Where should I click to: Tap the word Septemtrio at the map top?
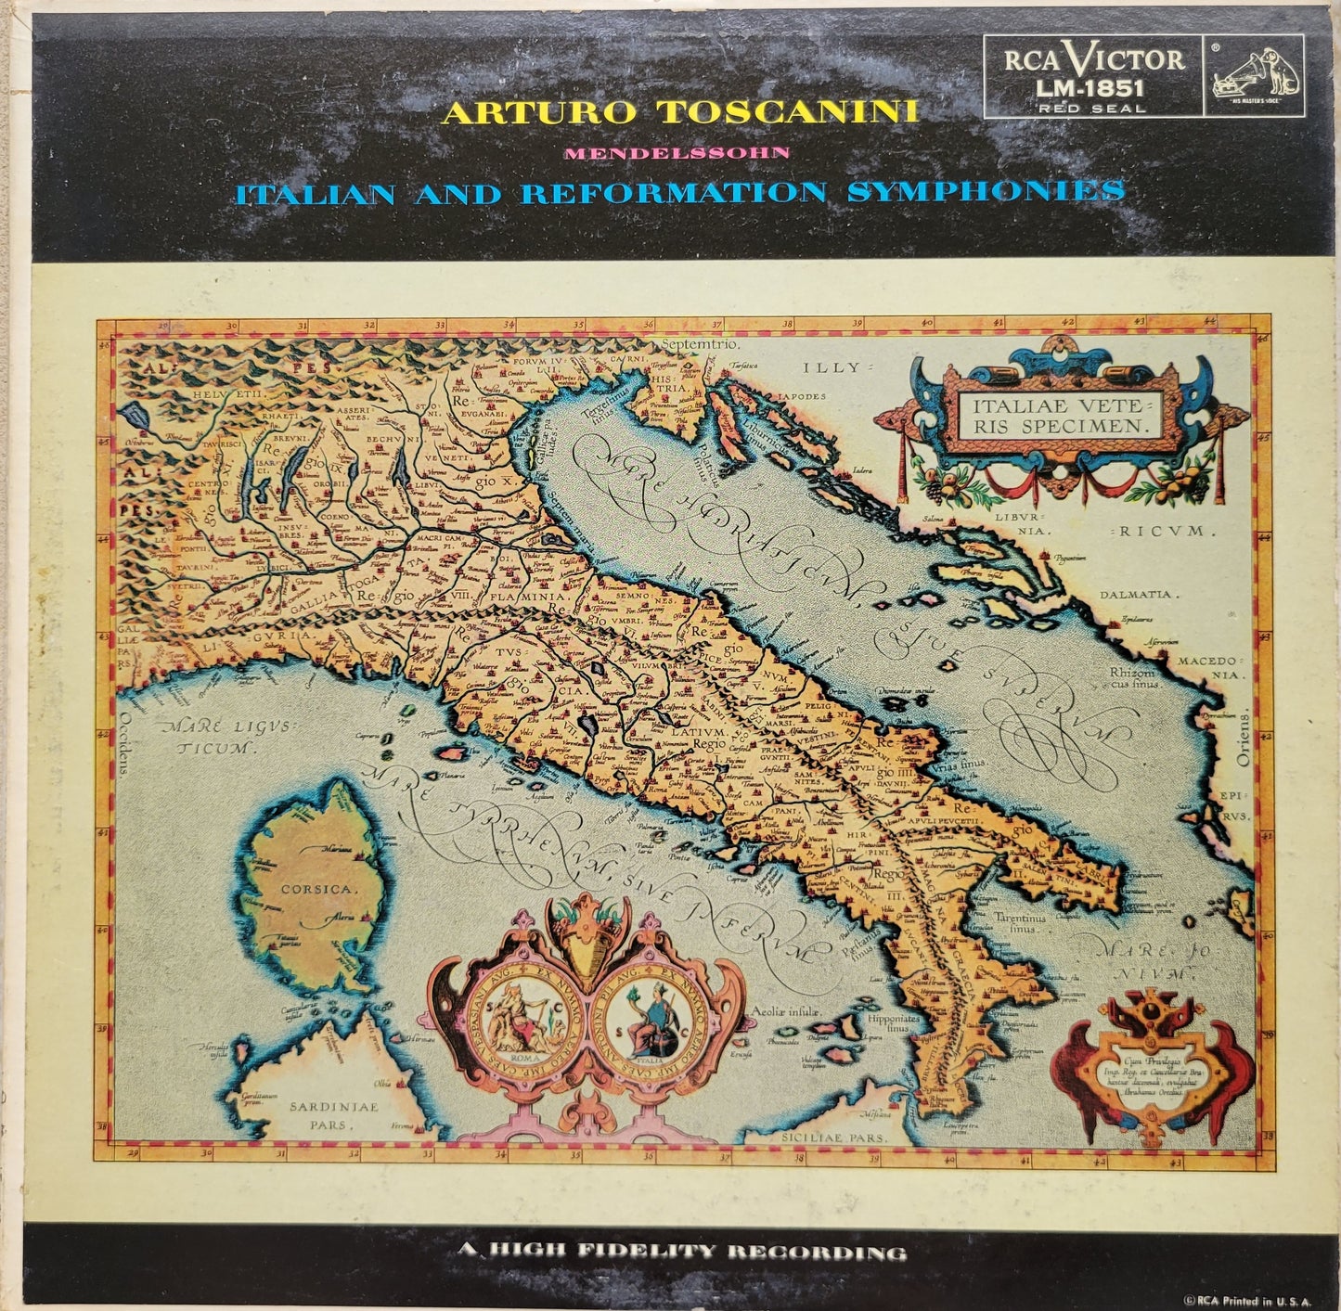pos(701,344)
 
